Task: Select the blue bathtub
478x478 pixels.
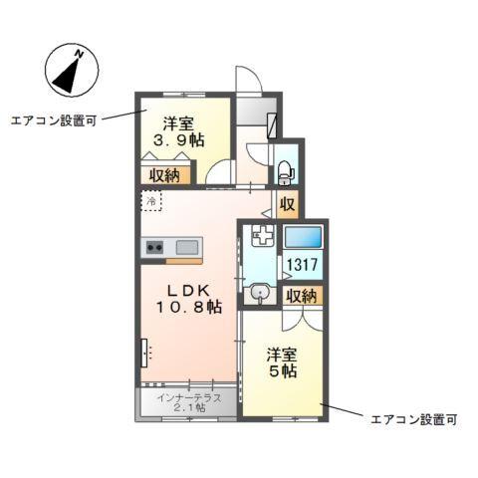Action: [304, 239]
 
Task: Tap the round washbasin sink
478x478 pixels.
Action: [261, 293]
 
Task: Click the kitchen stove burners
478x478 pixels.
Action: [154, 247]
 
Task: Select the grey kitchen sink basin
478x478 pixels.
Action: [188, 246]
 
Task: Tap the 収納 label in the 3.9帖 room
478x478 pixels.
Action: [165, 176]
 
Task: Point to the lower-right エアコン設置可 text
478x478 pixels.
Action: [413, 420]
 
